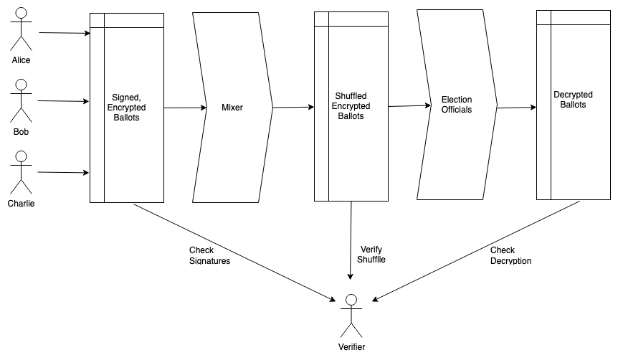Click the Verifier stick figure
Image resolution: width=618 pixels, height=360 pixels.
351,316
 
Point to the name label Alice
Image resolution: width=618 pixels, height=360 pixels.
21,60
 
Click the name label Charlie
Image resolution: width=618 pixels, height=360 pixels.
21,204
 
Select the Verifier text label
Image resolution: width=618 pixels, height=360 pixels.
351,347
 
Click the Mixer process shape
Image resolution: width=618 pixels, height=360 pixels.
232,108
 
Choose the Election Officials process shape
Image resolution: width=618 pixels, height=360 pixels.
457,105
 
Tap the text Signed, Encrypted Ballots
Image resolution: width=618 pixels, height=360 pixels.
129,107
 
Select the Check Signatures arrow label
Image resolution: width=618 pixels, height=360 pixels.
209,256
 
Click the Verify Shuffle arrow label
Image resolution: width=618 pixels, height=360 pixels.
371,254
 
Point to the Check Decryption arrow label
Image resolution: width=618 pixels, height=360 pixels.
510,255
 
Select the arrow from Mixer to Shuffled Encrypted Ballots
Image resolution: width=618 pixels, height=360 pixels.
293,108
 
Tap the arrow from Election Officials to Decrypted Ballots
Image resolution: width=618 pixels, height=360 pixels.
516,108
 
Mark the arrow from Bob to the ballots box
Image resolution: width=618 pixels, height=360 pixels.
65,101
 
